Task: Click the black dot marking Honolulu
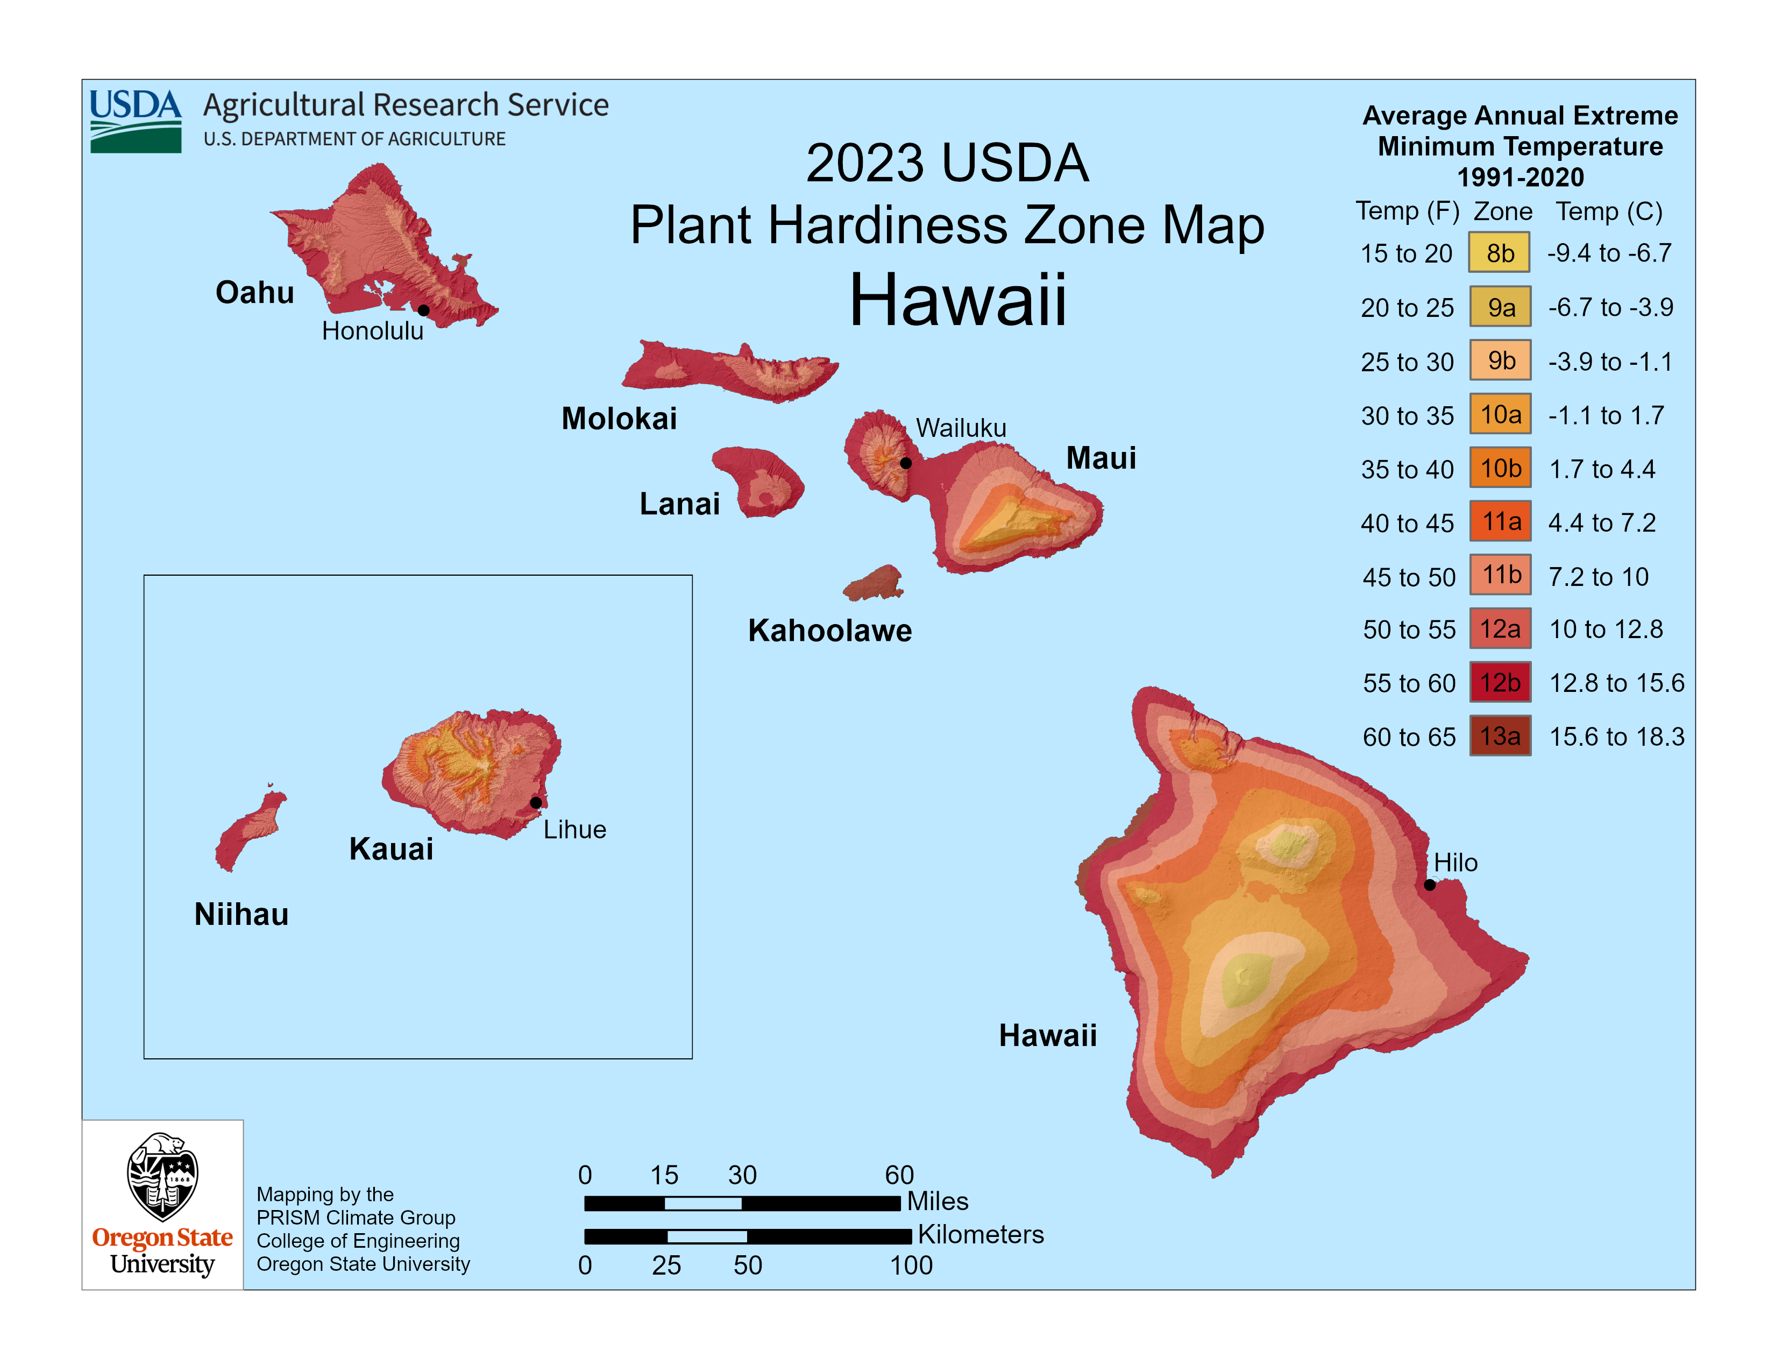[x=423, y=310]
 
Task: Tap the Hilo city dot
[x=1430, y=885]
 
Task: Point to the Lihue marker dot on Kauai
[x=536, y=803]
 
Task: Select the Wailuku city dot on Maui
[x=905, y=463]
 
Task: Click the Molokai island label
[x=619, y=419]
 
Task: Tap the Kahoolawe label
[x=830, y=631]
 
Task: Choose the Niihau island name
[x=242, y=914]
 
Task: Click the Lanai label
[x=679, y=504]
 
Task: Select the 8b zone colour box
[x=1500, y=253]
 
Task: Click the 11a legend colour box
[x=1500, y=522]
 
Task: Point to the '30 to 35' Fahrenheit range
[x=1407, y=415]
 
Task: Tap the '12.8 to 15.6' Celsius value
[x=1616, y=683]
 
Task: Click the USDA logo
[x=136, y=121]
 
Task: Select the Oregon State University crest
[x=162, y=1176]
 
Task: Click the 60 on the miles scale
[x=899, y=1175]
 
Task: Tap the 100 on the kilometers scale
[x=911, y=1265]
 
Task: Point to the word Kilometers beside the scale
[x=980, y=1235]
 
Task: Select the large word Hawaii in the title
[x=957, y=300]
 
